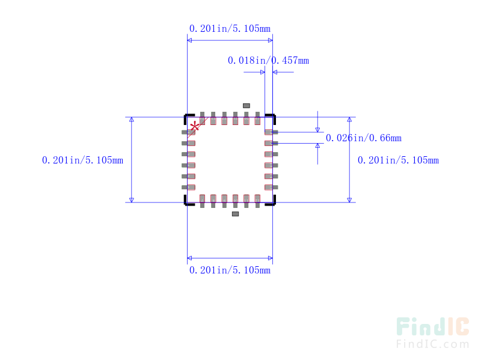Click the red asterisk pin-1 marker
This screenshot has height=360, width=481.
point(194,126)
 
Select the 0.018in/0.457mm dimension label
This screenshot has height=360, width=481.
point(268,61)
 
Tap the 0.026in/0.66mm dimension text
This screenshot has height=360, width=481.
point(364,138)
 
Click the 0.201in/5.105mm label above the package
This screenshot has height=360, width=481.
point(230,28)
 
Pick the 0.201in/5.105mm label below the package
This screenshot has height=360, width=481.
point(230,270)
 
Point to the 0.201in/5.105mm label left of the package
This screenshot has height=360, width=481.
point(82,160)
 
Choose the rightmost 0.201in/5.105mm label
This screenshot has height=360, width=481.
point(398,160)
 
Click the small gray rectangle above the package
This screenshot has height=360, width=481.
point(247,106)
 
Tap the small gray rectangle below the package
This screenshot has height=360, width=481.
point(235,214)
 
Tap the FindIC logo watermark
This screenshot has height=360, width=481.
point(432,326)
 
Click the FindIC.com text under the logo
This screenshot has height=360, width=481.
point(432,344)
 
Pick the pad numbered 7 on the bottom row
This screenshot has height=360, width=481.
point(202,201)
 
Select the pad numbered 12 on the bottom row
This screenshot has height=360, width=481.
point(257,201)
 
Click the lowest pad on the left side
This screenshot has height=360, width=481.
point(188,188)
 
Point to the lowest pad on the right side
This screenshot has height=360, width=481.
point(271,188)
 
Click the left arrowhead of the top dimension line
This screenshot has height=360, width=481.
point(189,40)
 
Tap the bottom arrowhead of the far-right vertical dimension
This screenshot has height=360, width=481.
point(349,200)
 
